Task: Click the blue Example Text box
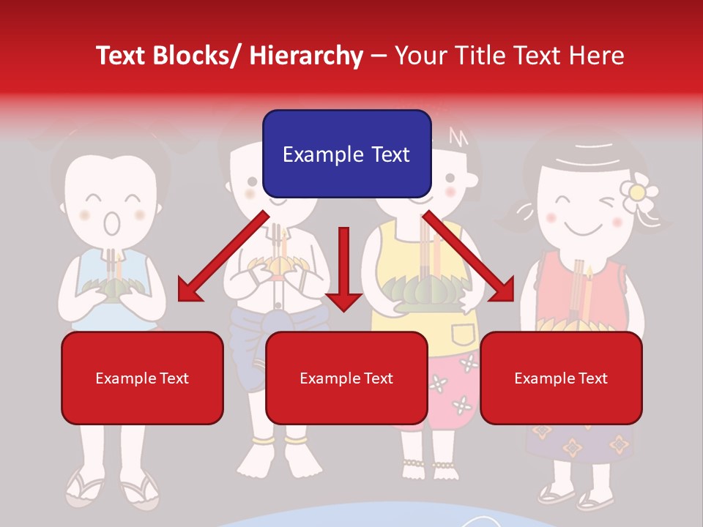[346, 154]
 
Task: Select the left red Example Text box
[142, 378]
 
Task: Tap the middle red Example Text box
[346, 378]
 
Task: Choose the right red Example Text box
[561, 378]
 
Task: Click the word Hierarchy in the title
[305, 56]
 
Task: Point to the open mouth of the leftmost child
[111, 223]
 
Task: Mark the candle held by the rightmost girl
[587, 293]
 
